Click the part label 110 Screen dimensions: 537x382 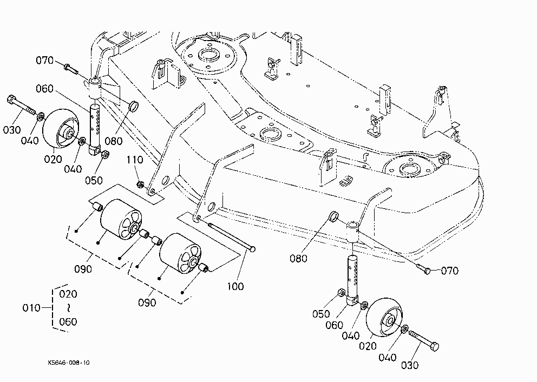click(135, 160)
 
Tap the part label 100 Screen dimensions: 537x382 click(235, 286)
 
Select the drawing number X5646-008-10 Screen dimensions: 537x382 click(69, 363)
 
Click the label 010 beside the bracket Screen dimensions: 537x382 click(31, 308)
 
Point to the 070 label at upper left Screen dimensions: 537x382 click(45, 61)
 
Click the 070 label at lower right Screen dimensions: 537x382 click(449, 271)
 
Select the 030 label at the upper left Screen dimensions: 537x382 click(12, 130)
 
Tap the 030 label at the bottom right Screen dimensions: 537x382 click(410, 365)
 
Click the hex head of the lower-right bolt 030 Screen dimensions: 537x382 click(434, 346)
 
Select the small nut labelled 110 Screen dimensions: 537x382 click(140, 185)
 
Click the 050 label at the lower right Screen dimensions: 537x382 click(321, 314)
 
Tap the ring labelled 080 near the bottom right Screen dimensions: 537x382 click(334, 216)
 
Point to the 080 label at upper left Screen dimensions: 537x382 click(113, 141)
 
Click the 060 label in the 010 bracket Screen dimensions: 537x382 click(68, 321)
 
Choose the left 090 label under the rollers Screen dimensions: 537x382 click(83, 269)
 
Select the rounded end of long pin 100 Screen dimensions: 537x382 click(252, 249)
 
